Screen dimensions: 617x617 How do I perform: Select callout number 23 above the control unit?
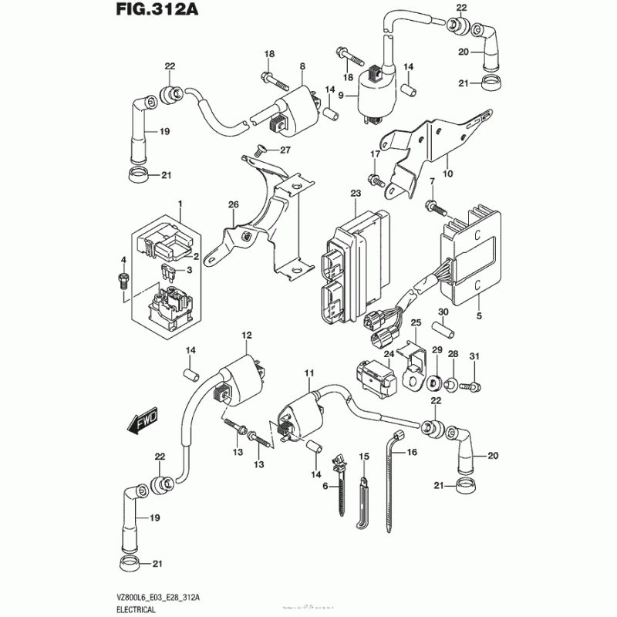click(x=356, y=194)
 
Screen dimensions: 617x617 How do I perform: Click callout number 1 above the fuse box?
click(x=180, y=203)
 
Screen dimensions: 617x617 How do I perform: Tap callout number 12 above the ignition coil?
click(x=247, y=335)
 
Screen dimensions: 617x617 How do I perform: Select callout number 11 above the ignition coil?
click(x=308, y=374)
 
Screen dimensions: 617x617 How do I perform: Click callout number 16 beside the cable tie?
click(x=411, y=453)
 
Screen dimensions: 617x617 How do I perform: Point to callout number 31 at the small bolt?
click(x=475, y=356)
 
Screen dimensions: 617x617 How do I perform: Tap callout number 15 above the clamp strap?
click(x=365, y=457)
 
